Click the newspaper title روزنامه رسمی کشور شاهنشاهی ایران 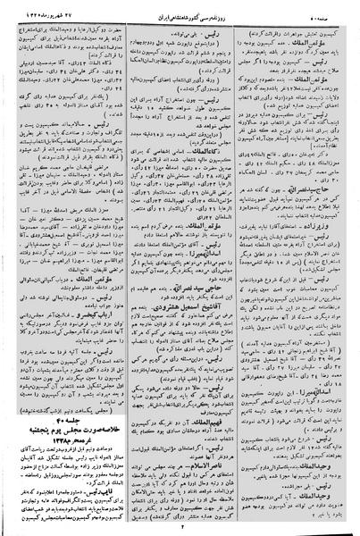coord(180,8)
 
